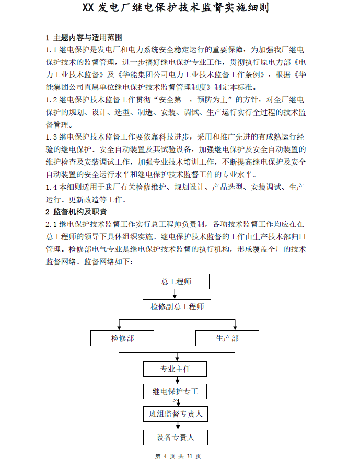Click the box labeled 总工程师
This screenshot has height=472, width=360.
coord(176,282)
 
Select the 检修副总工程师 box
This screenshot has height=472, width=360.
coord(177,306)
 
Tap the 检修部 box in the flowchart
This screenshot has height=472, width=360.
coord(122,338)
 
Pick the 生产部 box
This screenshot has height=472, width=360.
coord(227,338)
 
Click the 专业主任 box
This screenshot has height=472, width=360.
coord(175,369)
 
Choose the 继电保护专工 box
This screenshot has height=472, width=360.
coord(175,392)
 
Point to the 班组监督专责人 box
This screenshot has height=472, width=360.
coord(176,414)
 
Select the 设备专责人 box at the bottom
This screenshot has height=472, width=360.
coord(175,437)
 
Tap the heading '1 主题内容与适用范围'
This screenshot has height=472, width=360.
coord(84,38)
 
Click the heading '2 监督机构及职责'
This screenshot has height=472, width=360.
coord(76,212)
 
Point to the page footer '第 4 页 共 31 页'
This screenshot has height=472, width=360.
coord(178,456)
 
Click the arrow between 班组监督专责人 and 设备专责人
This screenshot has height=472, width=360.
coord(177,425)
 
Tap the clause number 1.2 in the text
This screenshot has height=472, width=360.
coord(51,99)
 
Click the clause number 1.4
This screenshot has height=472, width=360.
coord(51,187)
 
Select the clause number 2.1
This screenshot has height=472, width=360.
coord(51,224)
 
